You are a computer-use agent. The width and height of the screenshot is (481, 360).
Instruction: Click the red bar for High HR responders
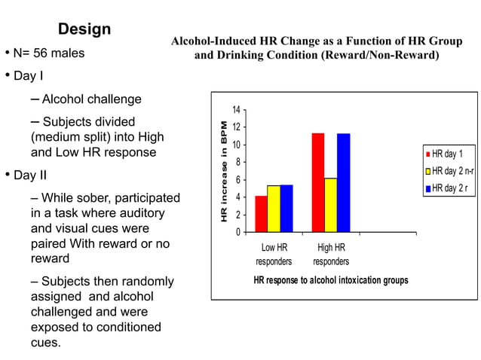[318, 182]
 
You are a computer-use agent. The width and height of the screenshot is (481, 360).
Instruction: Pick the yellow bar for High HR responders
[331, 205]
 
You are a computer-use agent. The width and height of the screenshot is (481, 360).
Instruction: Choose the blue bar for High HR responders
[344, 182]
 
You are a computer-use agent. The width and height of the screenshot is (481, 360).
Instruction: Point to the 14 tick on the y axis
[235, 110]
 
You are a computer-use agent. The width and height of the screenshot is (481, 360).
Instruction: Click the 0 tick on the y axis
[237, 232]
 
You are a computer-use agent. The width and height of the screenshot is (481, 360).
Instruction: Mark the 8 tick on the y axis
[237, 162]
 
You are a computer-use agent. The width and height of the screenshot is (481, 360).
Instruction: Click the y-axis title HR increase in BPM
[224, 171]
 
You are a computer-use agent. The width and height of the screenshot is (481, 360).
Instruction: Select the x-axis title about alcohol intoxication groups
[331, 280]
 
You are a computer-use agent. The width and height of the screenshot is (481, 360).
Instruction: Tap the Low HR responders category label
[274, 255]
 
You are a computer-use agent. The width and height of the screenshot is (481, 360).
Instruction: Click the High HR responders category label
[331, 255]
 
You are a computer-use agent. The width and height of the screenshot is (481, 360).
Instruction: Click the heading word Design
[84, 29]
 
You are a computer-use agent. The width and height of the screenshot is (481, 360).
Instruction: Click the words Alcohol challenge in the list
[91, 99]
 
